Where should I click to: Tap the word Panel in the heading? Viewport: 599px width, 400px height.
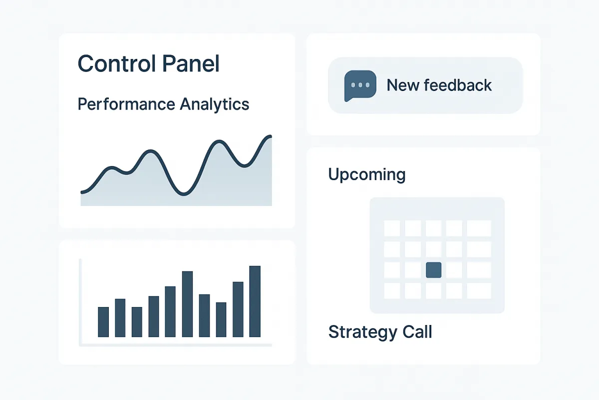(191, 63)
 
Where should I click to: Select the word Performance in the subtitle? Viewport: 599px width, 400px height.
(126, 104)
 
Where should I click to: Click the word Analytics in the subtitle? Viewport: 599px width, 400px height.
(215, 104)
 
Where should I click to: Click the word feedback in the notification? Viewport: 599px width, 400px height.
(458, 85)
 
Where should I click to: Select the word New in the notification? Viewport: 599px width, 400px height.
(403, 85)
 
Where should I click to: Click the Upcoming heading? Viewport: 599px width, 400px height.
(366, 174)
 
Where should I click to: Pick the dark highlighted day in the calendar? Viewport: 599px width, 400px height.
(433, 270)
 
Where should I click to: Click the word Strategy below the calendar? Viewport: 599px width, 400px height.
(363, 332)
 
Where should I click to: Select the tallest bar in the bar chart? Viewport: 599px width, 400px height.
(255, 301)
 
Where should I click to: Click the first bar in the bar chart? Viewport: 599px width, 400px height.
(103, 322)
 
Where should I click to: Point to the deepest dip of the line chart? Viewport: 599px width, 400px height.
(184, 194)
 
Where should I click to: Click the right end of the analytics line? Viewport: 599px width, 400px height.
(271, 136)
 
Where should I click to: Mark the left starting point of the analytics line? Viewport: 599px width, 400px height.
(82, 192)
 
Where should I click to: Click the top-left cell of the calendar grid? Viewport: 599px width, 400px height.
(392, 228)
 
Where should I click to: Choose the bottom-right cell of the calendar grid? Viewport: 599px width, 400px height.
(479, 290)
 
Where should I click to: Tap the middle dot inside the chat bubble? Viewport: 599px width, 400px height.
(360, 85)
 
